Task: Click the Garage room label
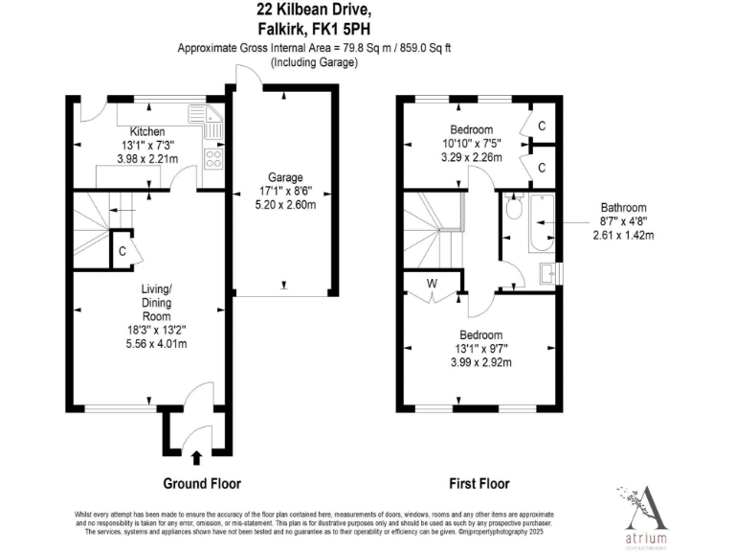coord(285,177)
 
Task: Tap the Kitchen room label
coord(147,131)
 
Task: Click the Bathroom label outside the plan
coord(623,207)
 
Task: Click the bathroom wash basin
coord(548,274)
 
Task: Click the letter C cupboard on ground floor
coord(122,251)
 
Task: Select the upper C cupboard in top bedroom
coord(541,126)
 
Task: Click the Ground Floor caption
coord(202,484)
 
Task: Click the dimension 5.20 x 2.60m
coord(285,204)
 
